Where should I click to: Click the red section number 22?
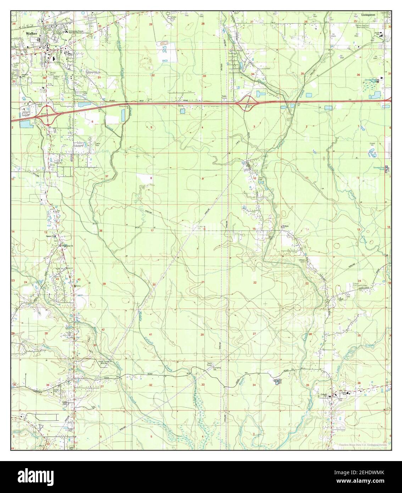click(255, 282)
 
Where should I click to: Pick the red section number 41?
click(151, 334)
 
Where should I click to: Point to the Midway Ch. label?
click(286, 226)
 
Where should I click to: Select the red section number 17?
click(152, 231)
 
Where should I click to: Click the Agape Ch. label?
click(52, 236)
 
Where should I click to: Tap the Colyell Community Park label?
click(359, 284)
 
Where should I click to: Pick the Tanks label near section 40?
click(76, 286)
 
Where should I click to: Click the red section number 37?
click(107, 176)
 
